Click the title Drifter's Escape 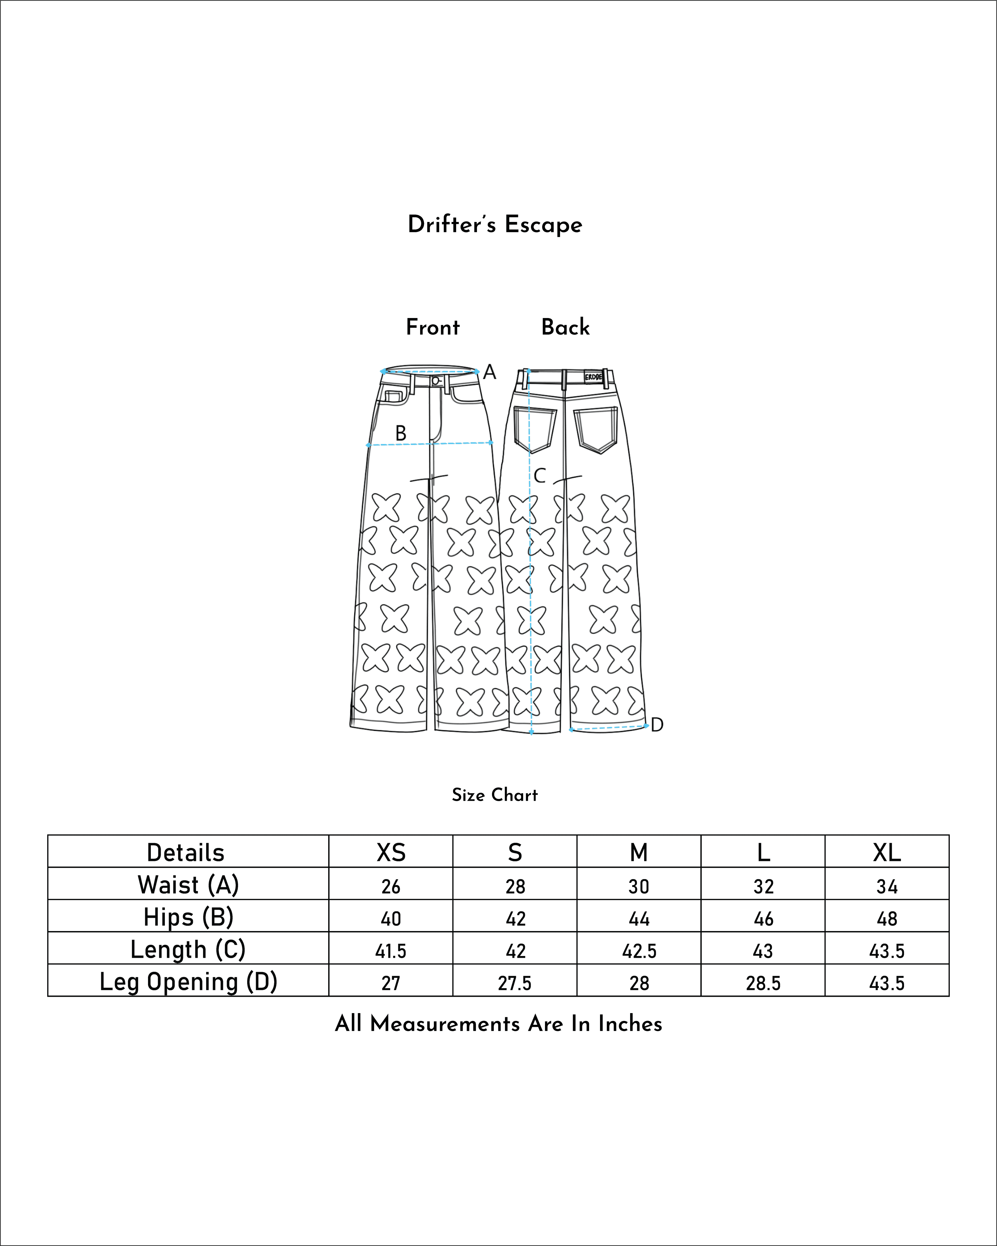(495, 224)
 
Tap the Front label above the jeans (432, 327)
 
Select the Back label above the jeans (565, 327)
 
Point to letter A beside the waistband (489, 372)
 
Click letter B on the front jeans (401, 433)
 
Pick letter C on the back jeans (539, 476)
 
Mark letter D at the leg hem (657, 725)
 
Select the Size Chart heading (495, 795)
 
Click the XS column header (391, 852)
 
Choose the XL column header (887, 852)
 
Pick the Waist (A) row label (188, 885)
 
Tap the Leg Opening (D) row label (188, 982)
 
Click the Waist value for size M (639, 887)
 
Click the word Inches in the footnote (630, 1023)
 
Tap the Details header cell (186, 852)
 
